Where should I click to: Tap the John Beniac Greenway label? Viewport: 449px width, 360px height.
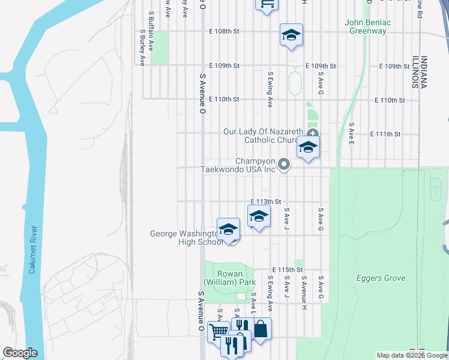pos(367,27)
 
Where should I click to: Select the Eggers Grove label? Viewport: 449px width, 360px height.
pos(381,278)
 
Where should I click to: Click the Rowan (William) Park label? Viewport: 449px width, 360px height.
pos(229,278)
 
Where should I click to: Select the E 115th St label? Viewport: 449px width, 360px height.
pos(288,270)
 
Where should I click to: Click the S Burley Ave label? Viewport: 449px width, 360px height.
pos(142,47)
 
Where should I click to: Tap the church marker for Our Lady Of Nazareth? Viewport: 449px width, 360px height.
pos(312,133)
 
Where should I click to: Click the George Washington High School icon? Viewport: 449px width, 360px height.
pos(228,230)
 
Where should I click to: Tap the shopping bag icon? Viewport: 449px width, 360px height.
pos(261,329)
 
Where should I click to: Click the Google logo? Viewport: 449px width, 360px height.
pos(20,353)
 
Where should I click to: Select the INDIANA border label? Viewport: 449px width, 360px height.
pos(424,73)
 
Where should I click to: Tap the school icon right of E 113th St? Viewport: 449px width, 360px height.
pos(259,217)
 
